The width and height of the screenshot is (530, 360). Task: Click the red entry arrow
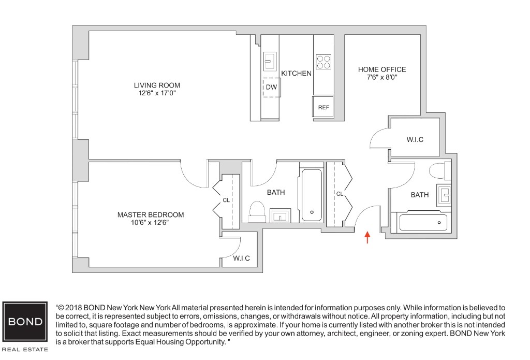367,237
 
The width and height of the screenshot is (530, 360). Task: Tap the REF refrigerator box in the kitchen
323,107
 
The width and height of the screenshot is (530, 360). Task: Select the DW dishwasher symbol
271,87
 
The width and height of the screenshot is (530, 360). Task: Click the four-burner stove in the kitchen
323,62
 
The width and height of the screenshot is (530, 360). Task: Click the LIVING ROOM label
157,85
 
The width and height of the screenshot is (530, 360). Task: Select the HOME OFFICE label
382,69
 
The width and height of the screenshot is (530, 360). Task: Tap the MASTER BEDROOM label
150,214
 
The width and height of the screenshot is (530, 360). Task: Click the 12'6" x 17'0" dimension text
157,94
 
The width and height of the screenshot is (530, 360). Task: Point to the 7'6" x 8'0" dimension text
382,78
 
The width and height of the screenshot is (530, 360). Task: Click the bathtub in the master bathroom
312,194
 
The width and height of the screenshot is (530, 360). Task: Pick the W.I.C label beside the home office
415,139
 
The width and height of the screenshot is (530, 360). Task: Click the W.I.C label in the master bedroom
241,258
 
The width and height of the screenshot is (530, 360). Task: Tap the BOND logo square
24,321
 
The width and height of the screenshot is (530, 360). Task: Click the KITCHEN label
296,74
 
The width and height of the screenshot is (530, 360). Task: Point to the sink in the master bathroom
280,215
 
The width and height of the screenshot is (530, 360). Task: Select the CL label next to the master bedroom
226,199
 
